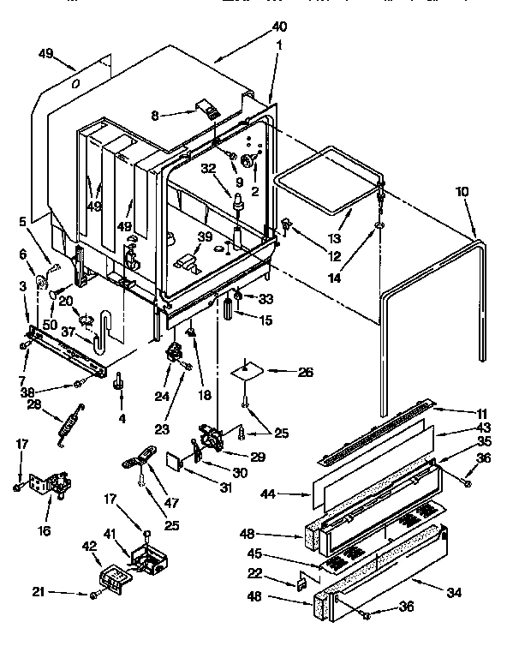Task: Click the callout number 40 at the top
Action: (279, 27)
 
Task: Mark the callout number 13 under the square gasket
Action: (335, 236)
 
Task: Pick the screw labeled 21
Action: (92, 593)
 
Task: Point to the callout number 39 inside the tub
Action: (205, 236)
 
